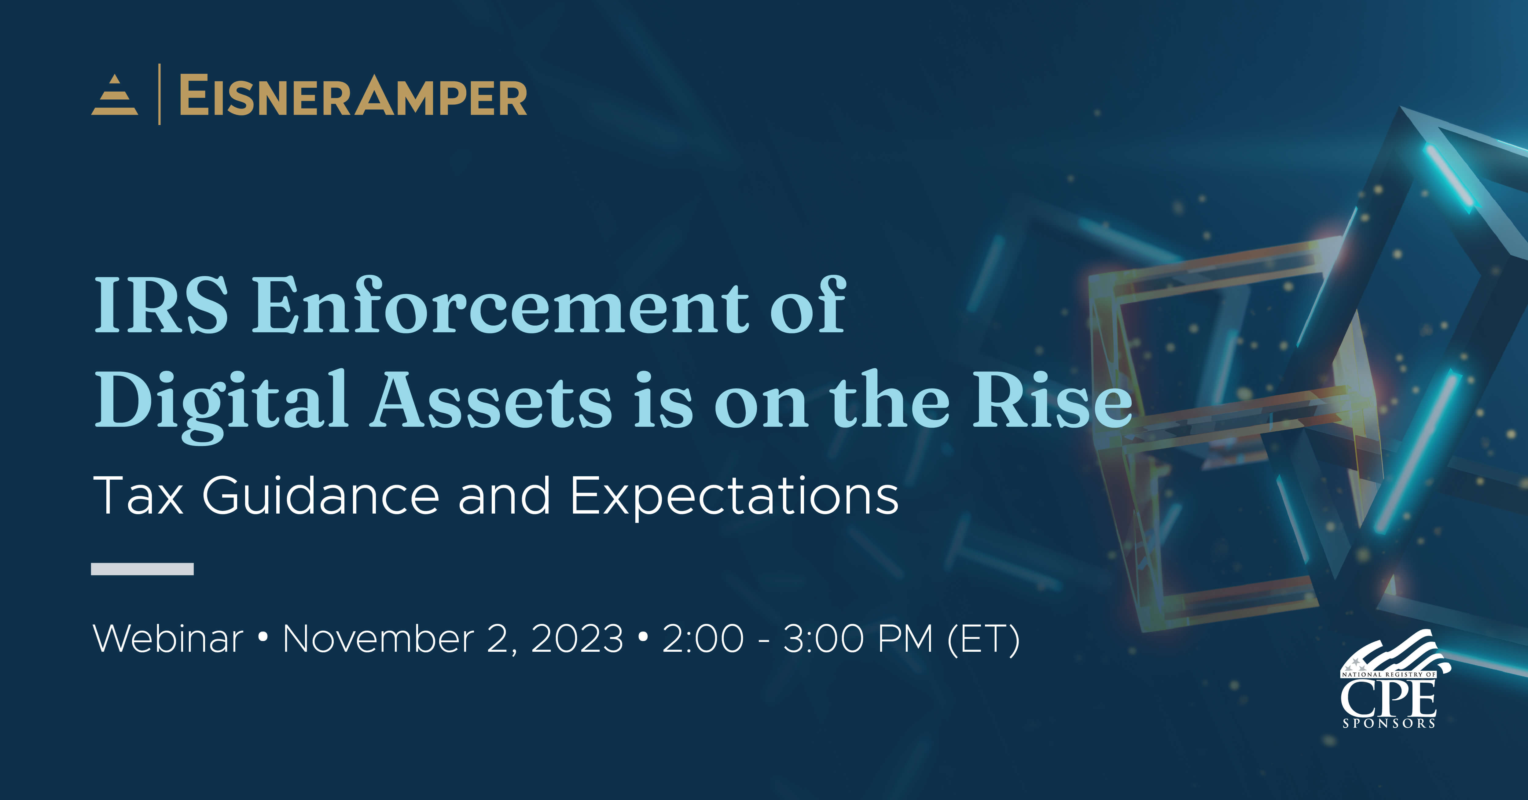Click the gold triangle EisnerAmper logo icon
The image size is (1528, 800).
click(x=115, y=96)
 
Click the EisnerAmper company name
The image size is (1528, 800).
click(x=353, y=96)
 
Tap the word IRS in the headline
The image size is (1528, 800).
click(x=161, y=306)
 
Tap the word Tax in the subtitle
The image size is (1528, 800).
click(x=138, y=496)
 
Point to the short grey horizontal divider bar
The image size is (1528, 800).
click(x=142, y=569)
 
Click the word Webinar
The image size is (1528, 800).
click(x=168, y=639)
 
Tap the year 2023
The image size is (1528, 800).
click(x=577, y=639)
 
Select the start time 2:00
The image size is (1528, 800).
click(x=703, y=639)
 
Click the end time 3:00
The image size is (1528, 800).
click(x=824, y=639)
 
